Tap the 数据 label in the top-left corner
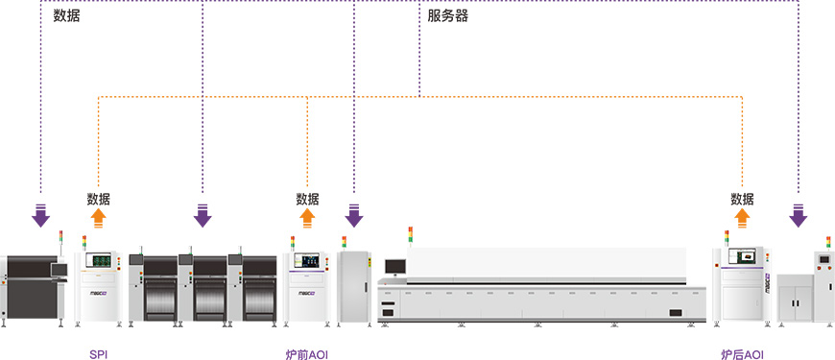pyautogui.click(x=66, y=16)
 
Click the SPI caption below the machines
pyautogui.click(x=99, y=353)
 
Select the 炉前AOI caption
pyautogui.click(x=307, y=353)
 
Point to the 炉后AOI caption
pyautogui.click(x=742, y=353)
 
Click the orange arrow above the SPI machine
pyautogui.click(x=99, y=218)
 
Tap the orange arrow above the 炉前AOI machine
pyautogui.click(x=307, y=218)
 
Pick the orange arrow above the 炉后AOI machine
pyautogui.click(x=742, y=218)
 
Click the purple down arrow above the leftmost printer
pyautogui.click(x=40, y=216)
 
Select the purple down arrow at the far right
pyautogui.click(x=799, y=216)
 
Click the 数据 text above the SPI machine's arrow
pyautogui.click(x=99, y=199)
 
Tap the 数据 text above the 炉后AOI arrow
pyautogui.click(x=742, y=199)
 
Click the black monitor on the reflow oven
pyautogui.click(x=395, y=267)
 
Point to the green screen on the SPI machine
pyautogui.click(x=102, y=260)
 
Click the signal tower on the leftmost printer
pyautogui.click(x=60, y=243)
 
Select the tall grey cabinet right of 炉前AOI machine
pyautogui.click(x=354, y=286)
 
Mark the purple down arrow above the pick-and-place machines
pyautogui.click(x=203, y=216)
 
